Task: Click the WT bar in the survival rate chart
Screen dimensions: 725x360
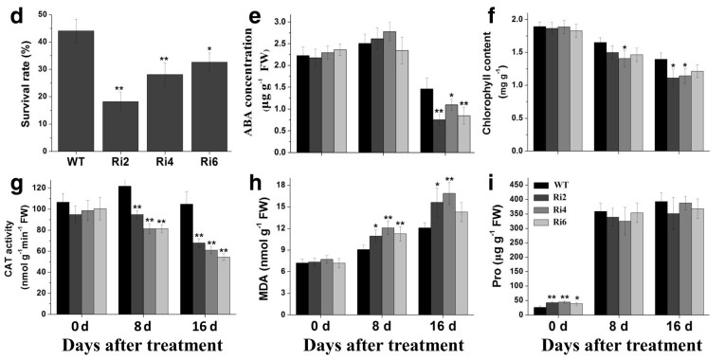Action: pos(77,91)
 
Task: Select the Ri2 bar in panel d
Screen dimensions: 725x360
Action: pos(119,126)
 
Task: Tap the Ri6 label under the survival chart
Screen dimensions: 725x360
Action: pos(208,162)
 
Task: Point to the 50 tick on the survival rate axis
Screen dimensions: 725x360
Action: pos(43,15)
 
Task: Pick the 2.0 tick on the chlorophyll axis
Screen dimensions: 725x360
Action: pos(524,19)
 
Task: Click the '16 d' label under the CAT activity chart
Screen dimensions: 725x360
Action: pos(200,327)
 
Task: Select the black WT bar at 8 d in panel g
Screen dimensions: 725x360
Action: pos(125,250)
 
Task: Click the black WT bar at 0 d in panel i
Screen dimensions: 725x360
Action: pos(539,311)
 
